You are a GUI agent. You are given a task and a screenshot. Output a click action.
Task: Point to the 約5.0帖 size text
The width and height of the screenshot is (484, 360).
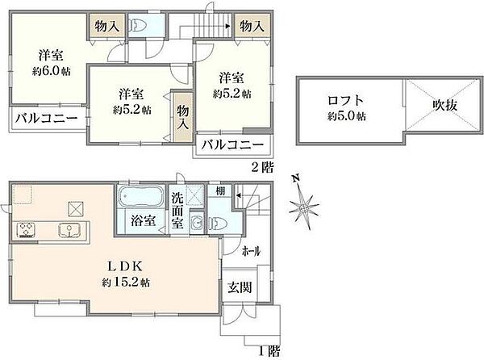[x=346, y=116]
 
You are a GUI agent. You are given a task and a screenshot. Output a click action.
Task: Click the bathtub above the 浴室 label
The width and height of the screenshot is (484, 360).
[x=141, y=198]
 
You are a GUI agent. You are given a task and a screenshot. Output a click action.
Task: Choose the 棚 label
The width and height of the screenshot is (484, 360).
[x=219, y=192]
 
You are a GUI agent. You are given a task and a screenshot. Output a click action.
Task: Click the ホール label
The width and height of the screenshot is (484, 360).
[x=250, y=251]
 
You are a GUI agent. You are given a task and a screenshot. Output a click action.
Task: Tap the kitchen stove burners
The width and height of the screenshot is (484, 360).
[x=25, y=229]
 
